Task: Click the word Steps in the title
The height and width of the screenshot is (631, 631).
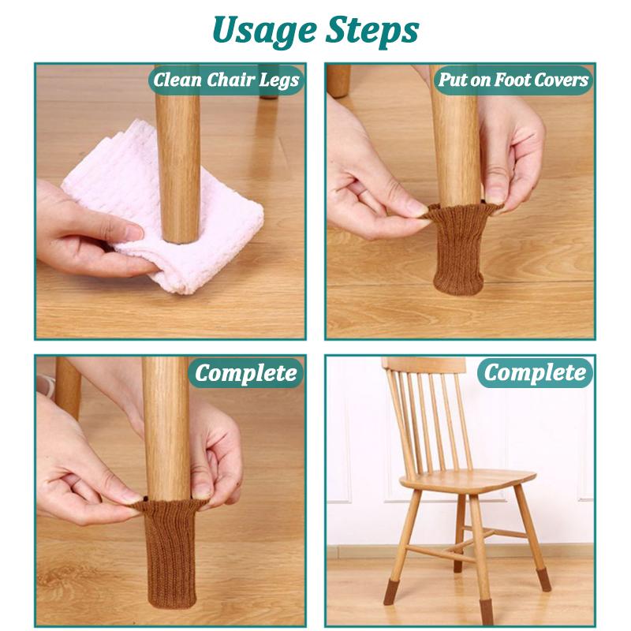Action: pos(370,32)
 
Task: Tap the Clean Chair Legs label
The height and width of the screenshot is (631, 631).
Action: pos(226,80)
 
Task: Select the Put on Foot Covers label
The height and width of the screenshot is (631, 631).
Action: pos(514,80)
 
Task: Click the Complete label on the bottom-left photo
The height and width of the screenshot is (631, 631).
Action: pos(248,372)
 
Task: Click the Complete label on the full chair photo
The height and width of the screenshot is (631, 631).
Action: pos(536,372)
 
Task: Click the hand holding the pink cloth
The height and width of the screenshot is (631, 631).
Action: pos(87,229)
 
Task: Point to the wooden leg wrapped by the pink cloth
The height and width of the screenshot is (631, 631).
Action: pos(177,158)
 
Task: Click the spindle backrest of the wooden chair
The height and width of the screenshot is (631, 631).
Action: pos(430,418)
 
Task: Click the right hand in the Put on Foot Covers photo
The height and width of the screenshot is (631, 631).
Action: pos(517,158)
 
